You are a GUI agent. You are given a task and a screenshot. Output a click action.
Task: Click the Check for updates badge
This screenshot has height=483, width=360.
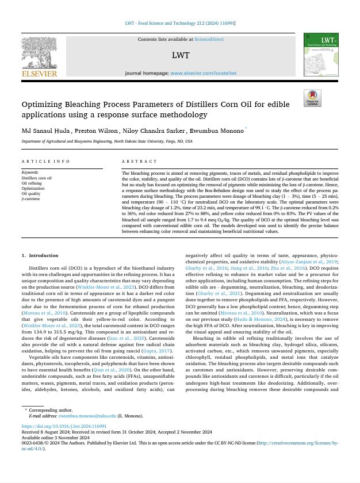(x=313, y=98)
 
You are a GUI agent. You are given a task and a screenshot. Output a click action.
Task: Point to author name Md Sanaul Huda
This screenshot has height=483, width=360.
(x=46, y=131)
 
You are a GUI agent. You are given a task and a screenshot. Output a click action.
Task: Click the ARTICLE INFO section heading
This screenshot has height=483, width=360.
(x=45, y=162)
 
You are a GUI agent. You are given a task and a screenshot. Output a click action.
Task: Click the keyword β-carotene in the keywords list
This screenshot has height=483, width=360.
(x=31, y=199)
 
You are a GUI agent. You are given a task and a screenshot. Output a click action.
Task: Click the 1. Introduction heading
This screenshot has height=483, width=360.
(x=40, y=255)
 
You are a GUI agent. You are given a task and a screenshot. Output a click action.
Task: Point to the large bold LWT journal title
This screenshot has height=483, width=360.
(x=180, y=56)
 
